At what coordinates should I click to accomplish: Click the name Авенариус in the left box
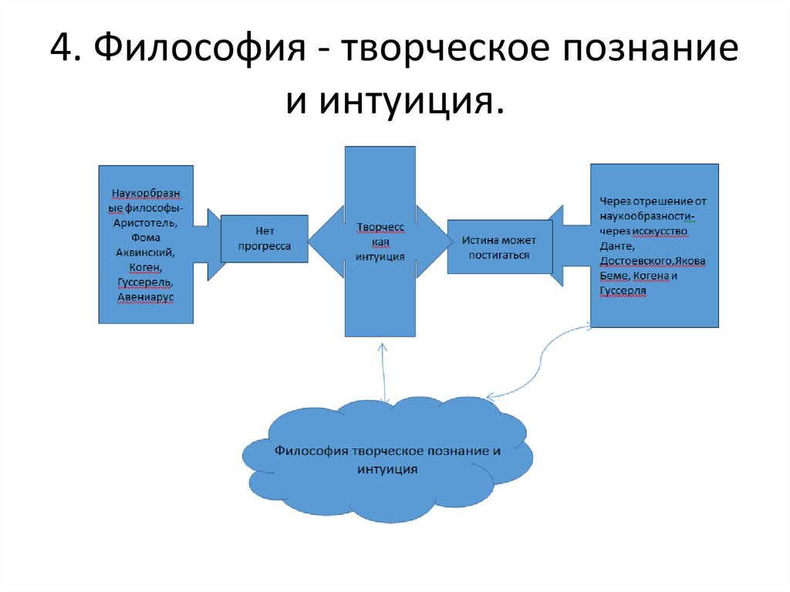coord(145,296)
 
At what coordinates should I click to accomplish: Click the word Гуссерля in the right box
coord(623,290)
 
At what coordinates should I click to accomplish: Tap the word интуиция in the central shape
coord(380,256)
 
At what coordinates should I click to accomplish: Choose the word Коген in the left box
coord(145,267)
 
